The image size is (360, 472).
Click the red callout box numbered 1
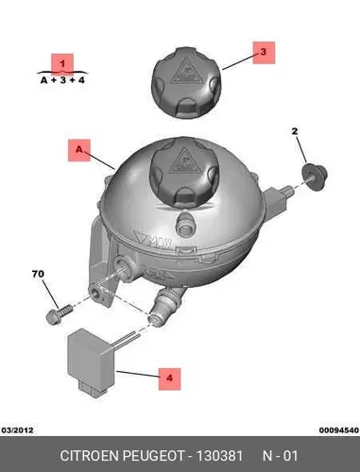pos(62,64)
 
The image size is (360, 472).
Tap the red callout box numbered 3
pos(264,53)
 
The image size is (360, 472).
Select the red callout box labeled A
pos(79,150)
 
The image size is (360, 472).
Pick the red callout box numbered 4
pos(169,379)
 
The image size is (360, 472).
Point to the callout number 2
pos(295,131)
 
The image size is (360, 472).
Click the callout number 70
pos(38,274)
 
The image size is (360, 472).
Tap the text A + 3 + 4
pos(62,80)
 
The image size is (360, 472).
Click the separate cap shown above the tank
pos(186,82)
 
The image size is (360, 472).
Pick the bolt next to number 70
pos(59,313)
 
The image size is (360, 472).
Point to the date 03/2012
pos(18,430)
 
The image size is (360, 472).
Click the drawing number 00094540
pos(339,430)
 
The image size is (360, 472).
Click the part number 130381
pos(219,456)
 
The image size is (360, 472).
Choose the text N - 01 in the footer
pos(280,456)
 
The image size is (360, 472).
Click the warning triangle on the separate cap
pos(182,72)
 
